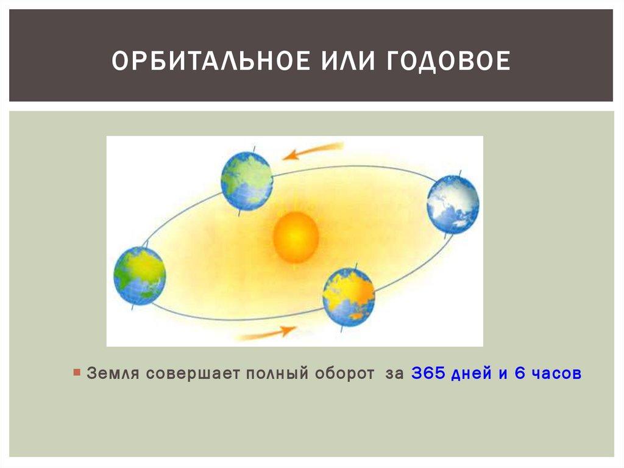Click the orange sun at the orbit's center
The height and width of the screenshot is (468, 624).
296,237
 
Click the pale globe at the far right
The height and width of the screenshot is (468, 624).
453,204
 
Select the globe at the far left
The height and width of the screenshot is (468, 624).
140,276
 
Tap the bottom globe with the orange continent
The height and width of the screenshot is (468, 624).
349,297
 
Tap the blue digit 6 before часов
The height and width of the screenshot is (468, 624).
520,373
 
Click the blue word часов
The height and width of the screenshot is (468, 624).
556,373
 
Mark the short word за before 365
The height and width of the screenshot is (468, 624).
394,373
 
